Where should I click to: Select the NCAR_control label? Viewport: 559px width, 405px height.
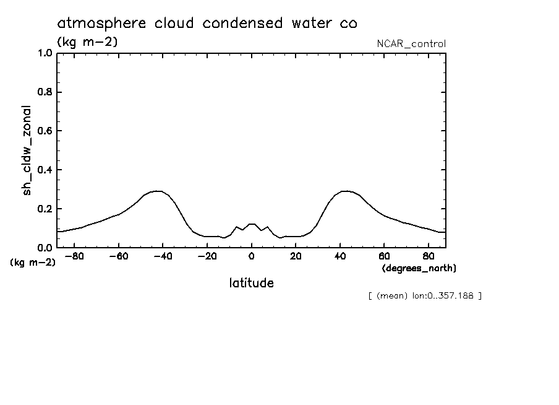tap(411, 43)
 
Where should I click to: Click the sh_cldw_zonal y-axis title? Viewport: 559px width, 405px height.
tap(27, 149)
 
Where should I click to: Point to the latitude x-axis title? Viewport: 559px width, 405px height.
tap(251, 283)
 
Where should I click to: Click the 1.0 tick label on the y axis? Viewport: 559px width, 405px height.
tap(46, 53)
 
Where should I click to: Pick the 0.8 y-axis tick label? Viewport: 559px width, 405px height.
tap(46, 92)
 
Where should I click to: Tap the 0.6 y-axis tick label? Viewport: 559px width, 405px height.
tap(46, 131)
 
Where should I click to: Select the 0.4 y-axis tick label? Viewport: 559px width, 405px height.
tap(46, 170)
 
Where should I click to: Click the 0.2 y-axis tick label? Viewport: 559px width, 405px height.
tap(46, 209)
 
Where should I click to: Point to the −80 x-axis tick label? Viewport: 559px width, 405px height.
tap(74, 256)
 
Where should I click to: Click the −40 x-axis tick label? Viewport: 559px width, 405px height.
tap(163, 256)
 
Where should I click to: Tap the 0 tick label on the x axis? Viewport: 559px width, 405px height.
tap(251, 256)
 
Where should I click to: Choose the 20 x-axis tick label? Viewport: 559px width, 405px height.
tap(296, 256)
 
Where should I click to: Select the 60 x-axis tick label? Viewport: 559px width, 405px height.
tap(384, 256)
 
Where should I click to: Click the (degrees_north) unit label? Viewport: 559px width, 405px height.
tap(419, 268)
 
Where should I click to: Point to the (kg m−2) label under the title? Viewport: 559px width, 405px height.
tap(87, 42)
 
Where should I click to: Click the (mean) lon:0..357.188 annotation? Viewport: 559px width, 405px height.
tap(424, 295)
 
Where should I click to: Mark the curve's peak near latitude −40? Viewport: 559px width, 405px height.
tap(158, 191)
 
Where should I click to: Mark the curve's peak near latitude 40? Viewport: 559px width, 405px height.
tap(345, 191)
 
